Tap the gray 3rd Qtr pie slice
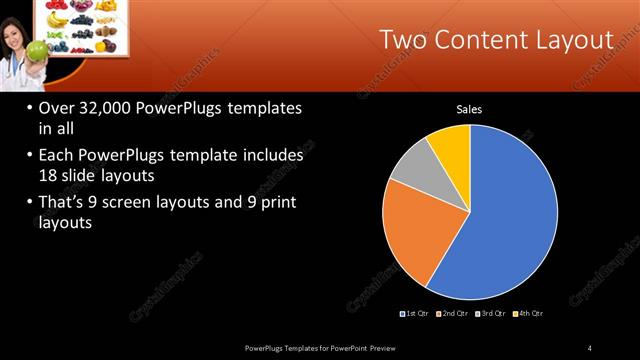coord(413,166)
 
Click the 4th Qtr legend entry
coord(531,314)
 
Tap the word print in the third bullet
coord(275,203)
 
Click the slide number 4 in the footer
coord(589,347)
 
